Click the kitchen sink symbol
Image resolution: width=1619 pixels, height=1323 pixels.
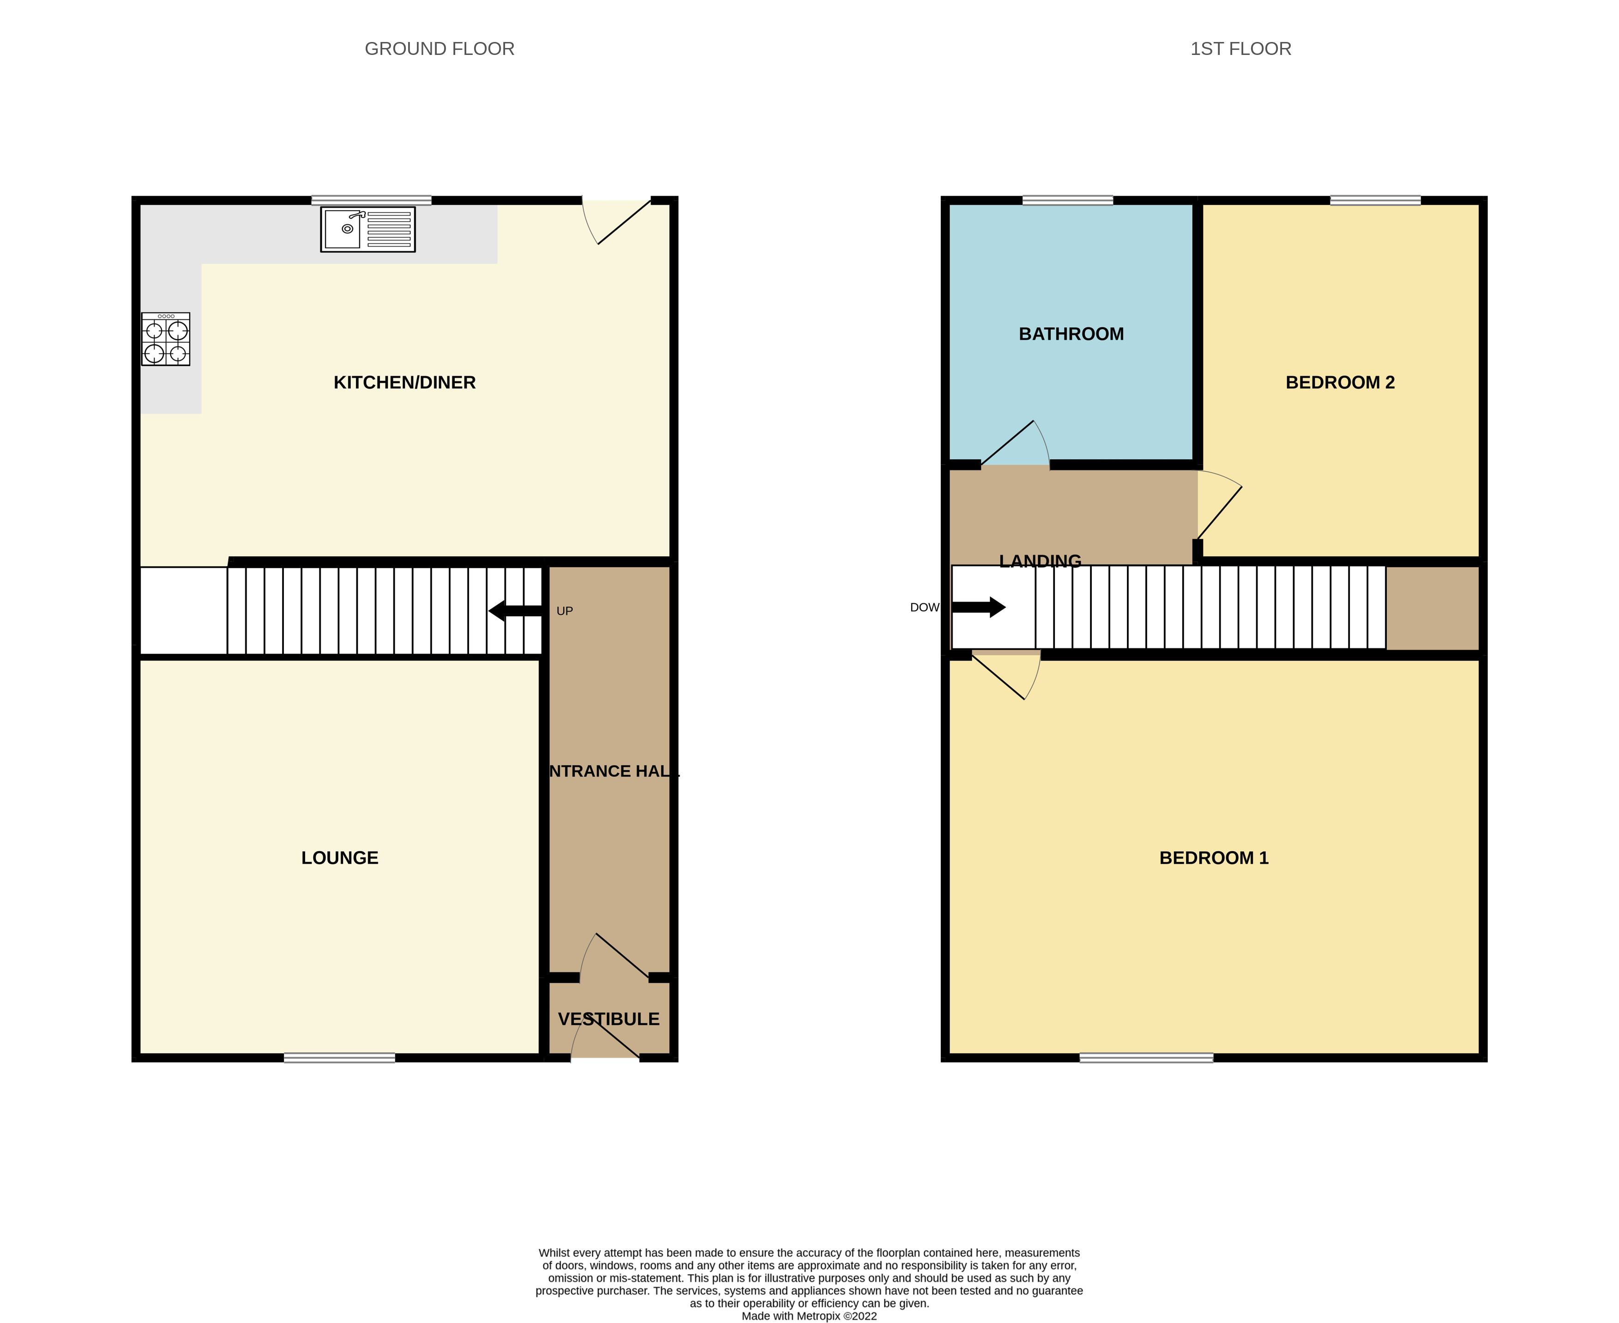[x=367, y=229]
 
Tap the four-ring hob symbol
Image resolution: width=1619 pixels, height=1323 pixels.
[x=165, y=339]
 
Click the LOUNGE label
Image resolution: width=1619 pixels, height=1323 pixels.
[x=339, y=858]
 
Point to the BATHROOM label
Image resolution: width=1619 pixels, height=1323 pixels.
[x=1071, y=334]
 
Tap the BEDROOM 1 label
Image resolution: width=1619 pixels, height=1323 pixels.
[x=1214, y=858]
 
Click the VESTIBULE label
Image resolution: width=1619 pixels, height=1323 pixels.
[x=608, y=1019]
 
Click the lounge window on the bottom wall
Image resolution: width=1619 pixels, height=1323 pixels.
[x=339, y=1057]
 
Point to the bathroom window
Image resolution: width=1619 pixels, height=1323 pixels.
[x=1067, y=200]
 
